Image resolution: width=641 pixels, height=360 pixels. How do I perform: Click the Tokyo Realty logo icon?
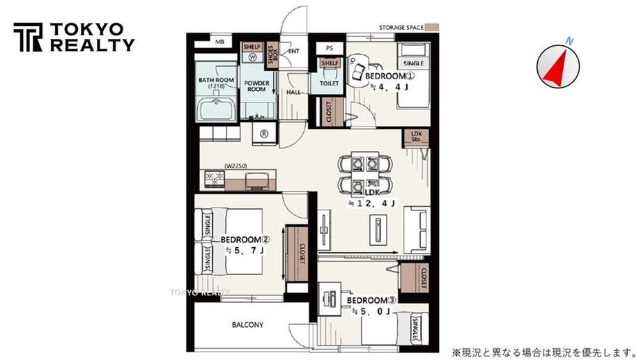click(x=28, y=37)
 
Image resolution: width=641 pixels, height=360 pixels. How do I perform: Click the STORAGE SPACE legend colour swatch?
click(x=432, y=28)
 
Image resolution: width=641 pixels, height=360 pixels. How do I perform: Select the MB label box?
click(x=220, y=42)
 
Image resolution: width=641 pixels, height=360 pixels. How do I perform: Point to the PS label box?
click(x=330, y=48)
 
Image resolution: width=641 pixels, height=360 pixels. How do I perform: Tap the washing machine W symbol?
click(x=253, y=58)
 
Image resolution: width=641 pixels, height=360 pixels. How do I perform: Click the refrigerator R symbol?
click(x=264, y=134)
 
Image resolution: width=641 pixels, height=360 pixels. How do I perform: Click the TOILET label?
click(x=329, y=84)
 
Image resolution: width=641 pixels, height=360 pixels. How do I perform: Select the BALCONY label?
click(x=248, y=325)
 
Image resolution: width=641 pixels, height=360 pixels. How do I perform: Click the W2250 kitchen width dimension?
click(x=236, y=166)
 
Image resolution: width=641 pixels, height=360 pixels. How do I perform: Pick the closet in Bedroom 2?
click(x=298, y=253)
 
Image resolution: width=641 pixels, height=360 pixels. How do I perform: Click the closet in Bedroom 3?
click(x=415, y=278)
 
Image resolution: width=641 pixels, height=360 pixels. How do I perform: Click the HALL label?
click(x=293, y=93)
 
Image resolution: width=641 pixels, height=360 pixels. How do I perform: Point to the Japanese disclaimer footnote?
click(x=544, y=352)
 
